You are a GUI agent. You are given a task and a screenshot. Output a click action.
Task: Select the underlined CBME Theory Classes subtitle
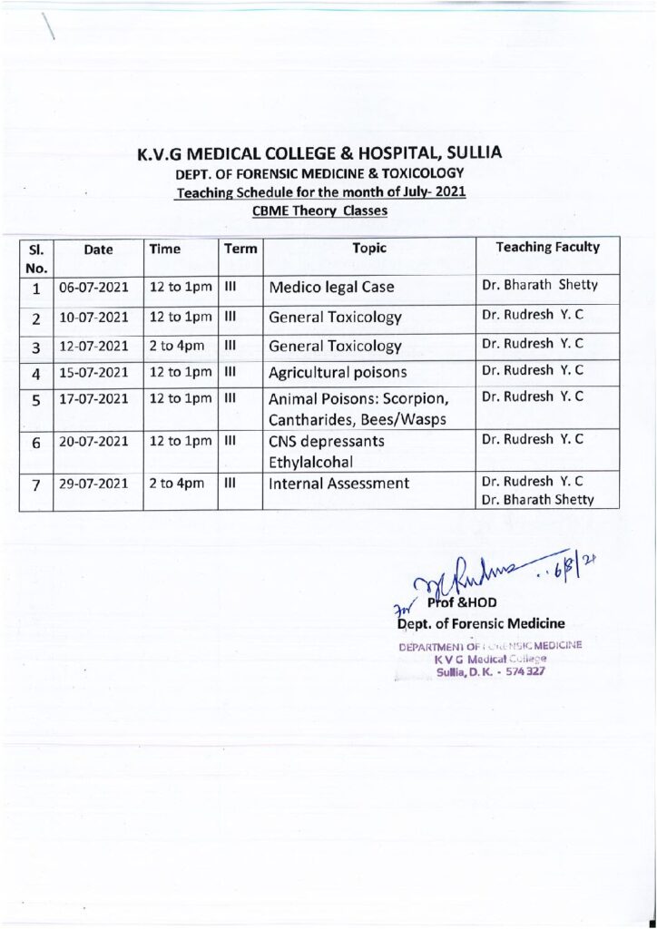pos(319,211)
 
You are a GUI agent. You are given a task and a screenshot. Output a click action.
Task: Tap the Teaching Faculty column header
pos(548,247)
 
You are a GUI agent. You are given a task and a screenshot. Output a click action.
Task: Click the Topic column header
pos(369,248)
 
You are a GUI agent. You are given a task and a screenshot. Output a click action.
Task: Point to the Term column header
pos(240,248)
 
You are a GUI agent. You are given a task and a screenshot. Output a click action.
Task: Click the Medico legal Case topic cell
pos(330,288)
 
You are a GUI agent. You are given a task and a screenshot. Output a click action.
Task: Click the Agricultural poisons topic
pos(338,373)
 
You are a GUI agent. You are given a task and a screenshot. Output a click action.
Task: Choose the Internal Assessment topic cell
pos(339,484)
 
